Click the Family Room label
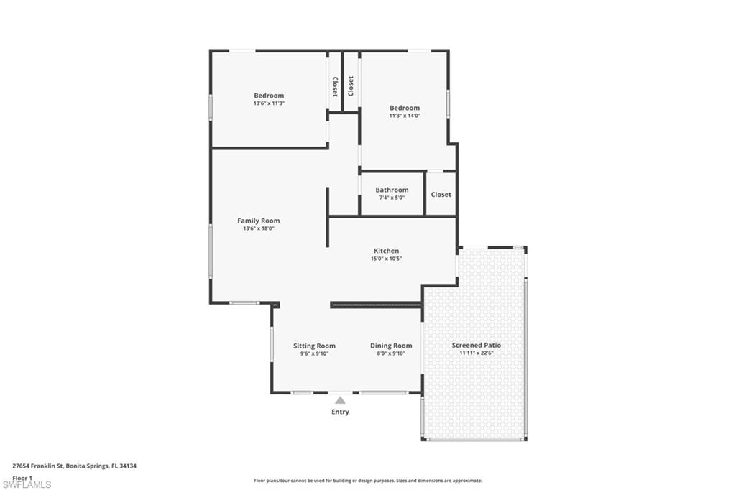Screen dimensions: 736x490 coord(258,221)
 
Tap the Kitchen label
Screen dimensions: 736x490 coord(386,251)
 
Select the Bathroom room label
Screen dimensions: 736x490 coord(392,190)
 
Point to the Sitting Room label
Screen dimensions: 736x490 coord(315,346)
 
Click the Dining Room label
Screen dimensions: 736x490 coord(391,346)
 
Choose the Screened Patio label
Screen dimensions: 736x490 coord(477,345)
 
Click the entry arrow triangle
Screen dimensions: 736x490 coord(340,400)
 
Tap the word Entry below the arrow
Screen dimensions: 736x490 coord(340,412)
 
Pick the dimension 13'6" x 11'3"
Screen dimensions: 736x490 coord(269,103)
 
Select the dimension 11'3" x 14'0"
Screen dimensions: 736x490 coord(405,116)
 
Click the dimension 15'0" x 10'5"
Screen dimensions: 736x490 coord(386,259)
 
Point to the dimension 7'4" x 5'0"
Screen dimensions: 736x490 coord(392,198)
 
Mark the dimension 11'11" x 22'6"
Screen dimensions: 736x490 coord(477,353)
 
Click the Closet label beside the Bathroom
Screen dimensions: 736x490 coord(441,194)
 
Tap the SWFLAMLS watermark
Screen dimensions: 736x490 coord(27,484)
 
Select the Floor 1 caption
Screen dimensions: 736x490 coord(22,478)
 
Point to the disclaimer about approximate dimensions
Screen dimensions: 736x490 coord(368,481)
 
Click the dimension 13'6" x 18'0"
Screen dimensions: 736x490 coord(258,228)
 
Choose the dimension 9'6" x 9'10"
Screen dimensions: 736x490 coord(315,354)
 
